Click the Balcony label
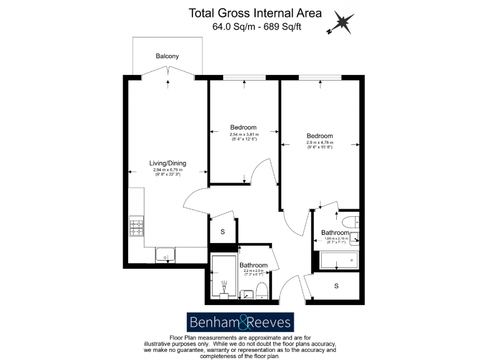pyautogui.click(x=167, y=56)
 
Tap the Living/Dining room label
pyautogui.click(x=167, y=163)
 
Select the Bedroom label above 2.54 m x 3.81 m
pyautogui.click(x=243, y=127)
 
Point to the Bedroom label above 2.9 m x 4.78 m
pyautogui.click(x=319, y=136)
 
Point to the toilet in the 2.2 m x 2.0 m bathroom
pyautogui.click(x=261, y=290)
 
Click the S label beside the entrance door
pyautogui.click(x=336, y=286)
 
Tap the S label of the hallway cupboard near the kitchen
pyautogui.click(x=223, y=231)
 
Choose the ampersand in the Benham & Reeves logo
pyautogui.click(x=241, y=322)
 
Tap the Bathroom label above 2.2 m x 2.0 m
pyautogui.click(x=254, y=266)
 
